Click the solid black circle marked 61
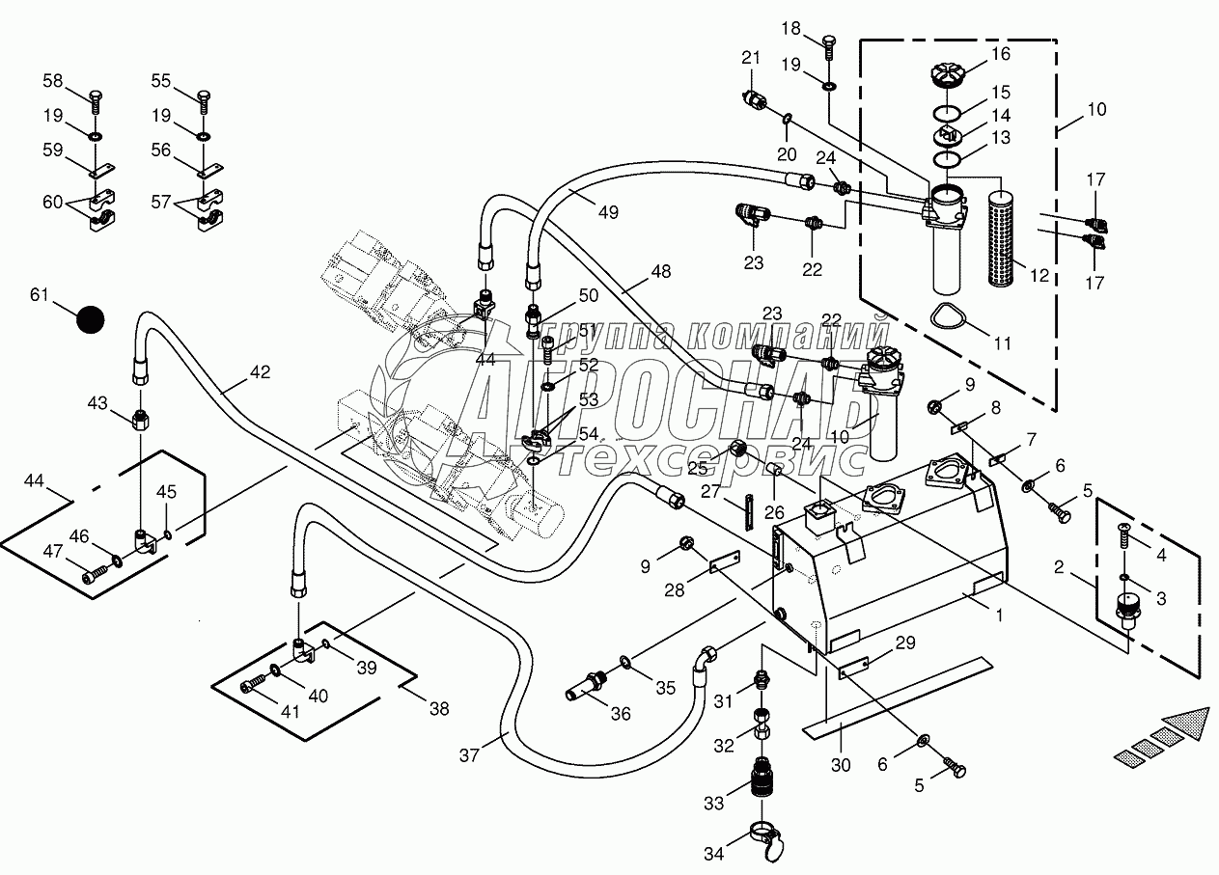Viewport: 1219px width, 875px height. pyautogui.click(x=90, y=320)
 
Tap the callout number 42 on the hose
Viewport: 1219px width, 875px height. pyautogui.click(x=261, y=371)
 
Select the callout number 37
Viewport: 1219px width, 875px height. pyautogui.click(x=470, y=756)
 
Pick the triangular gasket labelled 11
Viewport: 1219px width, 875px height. pyautogui.click(x=952, y=316)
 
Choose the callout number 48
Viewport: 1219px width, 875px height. pyautogui.click(x=660, y=272)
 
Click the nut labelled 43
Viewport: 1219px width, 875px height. pyautogui.click(x=141, y=421)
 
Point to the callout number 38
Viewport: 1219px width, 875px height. pyautogui.click(x=439, y=709)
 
